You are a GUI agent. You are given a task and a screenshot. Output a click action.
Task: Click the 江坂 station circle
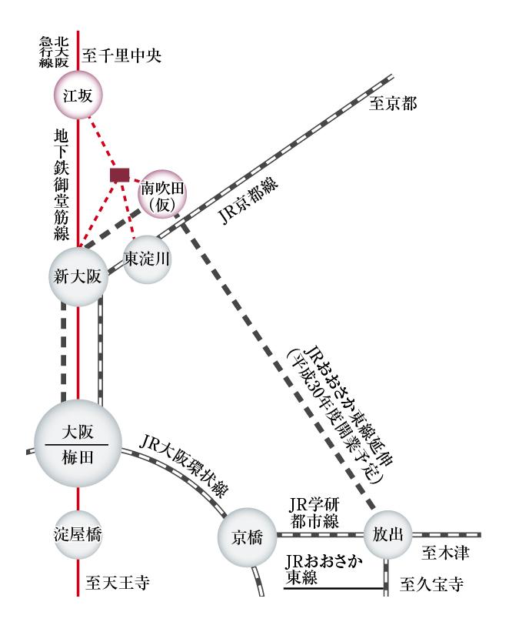tap(78, 95)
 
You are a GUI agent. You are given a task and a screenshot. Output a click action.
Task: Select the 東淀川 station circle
tap(147, 259)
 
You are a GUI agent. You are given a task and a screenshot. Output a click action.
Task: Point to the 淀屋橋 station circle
tap(78, 533)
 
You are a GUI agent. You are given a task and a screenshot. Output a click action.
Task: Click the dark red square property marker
tap(118, 175)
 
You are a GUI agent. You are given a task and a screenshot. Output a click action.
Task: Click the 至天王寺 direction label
tap(116, 584)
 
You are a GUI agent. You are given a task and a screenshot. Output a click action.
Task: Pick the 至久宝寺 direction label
tap(433, 584)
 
